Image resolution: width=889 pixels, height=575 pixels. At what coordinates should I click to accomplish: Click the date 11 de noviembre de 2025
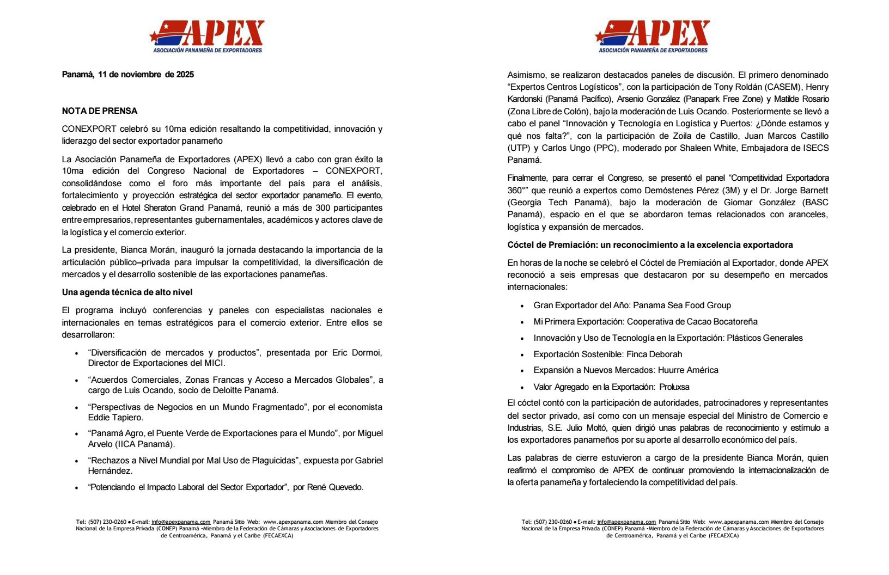pos(146,75)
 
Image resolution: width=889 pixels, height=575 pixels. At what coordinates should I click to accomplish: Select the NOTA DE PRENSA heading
pos(100,111)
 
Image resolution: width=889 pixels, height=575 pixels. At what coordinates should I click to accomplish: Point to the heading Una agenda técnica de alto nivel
pos(127,292)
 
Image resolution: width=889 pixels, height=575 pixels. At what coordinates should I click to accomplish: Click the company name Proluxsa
pos(674,387)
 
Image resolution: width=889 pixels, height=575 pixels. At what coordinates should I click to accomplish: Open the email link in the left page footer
pos(181,522)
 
